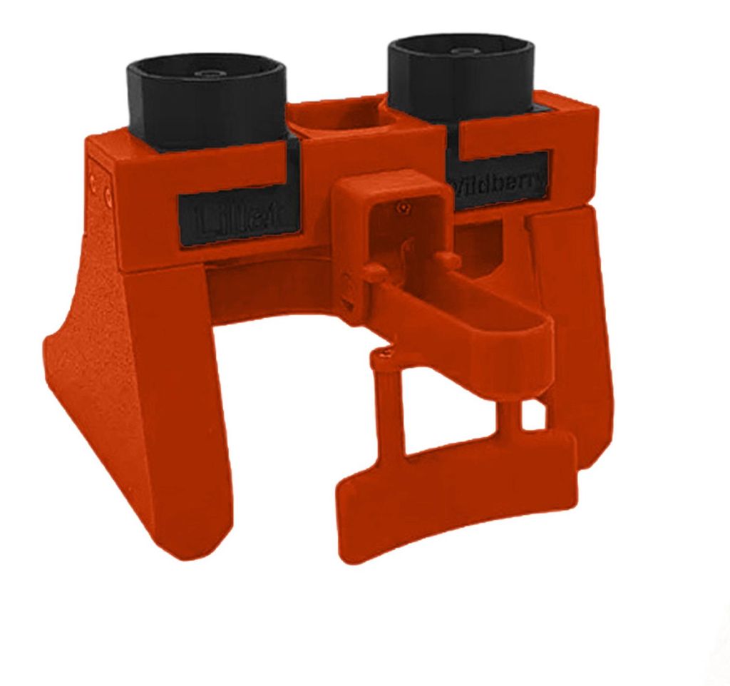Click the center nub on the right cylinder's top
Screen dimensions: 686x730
pos(464,51)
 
